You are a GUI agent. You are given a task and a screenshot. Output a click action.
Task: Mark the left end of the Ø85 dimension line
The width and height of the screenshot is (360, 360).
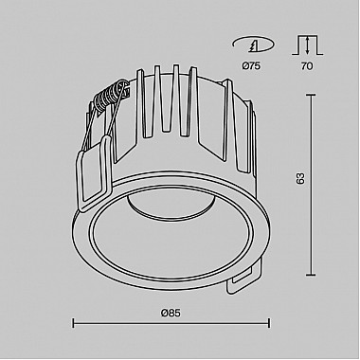tap(74, 325)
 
